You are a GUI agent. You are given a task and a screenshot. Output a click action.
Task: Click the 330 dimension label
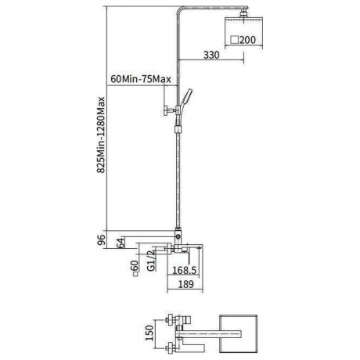(x=211, y=55)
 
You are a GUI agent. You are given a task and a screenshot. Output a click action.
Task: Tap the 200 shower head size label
(x=247, y=40)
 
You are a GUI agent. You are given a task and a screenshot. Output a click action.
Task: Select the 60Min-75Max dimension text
(x=141, y=79)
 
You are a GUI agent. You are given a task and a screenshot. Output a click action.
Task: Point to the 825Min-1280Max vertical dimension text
(x=101, y=135)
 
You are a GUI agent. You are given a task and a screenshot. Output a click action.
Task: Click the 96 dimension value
(x=101, y=239)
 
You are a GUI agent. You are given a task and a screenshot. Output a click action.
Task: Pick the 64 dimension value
(x=120, y=243)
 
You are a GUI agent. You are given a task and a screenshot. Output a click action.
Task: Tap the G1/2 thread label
(x=151, y=261)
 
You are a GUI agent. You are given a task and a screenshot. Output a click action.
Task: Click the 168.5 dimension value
(x=185, y=270)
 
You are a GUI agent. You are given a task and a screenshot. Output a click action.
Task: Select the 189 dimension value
(x=185, y=284)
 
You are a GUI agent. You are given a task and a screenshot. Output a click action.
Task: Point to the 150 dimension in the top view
(x=150, y=333)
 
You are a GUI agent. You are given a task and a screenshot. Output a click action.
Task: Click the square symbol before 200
(x=235, y=40)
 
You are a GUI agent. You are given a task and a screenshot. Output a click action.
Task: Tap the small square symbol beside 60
(x=135, y=274)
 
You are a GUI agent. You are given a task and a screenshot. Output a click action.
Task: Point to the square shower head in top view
(x=238, y=334)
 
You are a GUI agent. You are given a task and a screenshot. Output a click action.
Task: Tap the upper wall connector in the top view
(x=170, y=319)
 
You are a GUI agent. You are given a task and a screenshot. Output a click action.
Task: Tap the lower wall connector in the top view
(x=170, y=348)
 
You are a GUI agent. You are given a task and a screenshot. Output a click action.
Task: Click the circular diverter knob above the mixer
(x=178, y=236)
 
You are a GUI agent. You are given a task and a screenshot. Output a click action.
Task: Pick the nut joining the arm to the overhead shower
(x=243, y=13)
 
